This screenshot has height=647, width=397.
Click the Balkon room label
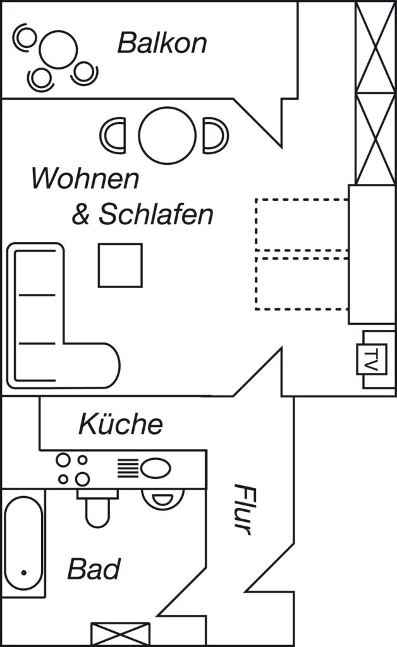(162, 43)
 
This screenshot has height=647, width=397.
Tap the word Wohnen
(85, 178)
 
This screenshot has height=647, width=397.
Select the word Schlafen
(156, 214)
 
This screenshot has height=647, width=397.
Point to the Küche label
(121, 424)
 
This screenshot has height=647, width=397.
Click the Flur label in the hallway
(245, 509)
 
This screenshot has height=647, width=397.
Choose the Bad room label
(94, 569)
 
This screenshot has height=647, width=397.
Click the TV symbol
(372, 360)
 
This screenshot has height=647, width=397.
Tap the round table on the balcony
(59, 50)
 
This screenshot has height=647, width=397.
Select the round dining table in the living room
(167, 135)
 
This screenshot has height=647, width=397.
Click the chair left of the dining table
(113, 135)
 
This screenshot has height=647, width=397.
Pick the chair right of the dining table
(216, 135)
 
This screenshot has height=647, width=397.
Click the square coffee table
(120, 265)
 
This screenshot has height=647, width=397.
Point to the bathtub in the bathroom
(23, 543)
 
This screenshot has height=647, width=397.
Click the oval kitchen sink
(156, 469)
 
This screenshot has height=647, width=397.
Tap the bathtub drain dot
(24, 572)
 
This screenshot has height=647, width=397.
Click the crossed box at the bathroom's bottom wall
(120, 634)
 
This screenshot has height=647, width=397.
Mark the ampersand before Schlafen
(80, 215)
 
